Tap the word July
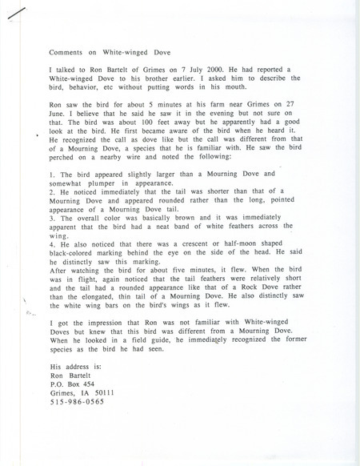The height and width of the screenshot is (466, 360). (184, 72)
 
